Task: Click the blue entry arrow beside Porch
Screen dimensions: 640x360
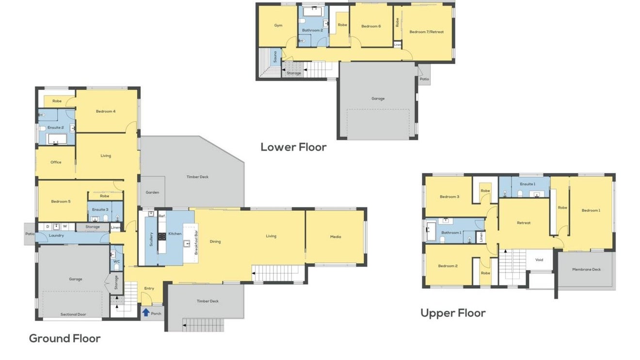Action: click(146, 313)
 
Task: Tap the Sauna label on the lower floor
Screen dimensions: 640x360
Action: click(275, 57)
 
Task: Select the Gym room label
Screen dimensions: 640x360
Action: click(278, 25)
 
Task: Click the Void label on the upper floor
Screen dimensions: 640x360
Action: click(539, 260)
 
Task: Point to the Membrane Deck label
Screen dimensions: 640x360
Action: click(586, 269)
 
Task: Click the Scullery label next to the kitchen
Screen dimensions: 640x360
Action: click(151, 239)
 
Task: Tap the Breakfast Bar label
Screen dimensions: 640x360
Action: click(196, 242)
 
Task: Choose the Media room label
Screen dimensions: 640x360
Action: click(336, 236)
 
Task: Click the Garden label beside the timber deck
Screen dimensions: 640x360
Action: click(152, 192)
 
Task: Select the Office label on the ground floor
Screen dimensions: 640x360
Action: click(56, 162)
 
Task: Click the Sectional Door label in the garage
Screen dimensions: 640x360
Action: click(73, 314)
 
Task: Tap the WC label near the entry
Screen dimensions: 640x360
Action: click(116, 262)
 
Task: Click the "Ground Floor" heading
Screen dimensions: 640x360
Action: click(65, 339)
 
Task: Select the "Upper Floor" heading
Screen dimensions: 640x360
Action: click(453, 313)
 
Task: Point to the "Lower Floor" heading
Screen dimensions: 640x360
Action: click(294, 147)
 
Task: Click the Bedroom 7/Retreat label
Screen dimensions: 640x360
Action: click(427, 32)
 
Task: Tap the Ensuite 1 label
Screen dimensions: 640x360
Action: click(528, 184)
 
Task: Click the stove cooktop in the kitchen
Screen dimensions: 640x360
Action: click(162, 236)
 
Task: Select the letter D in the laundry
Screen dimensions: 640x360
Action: click(48, 226)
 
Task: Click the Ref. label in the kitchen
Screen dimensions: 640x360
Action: click(162, 216)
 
